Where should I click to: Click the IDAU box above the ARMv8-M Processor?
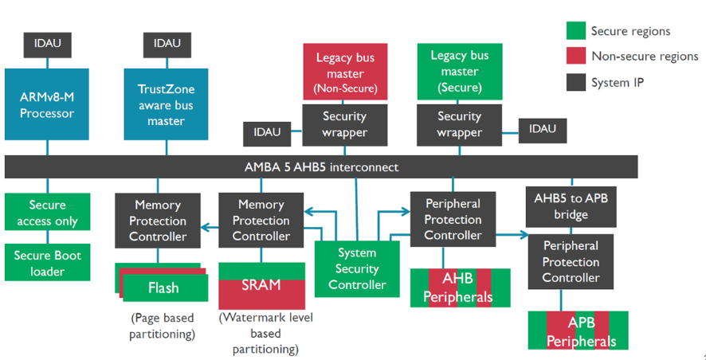[47, 45]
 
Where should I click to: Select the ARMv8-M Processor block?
[47, 104]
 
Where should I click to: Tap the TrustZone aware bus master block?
[167, 104]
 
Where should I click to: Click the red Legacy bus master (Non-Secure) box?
[345, 72]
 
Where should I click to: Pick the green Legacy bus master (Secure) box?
[459, 72]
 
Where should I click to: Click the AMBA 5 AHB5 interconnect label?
[321, 167]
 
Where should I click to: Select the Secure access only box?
[47, 212]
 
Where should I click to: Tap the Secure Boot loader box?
[47, 263]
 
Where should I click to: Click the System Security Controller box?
[357, 269]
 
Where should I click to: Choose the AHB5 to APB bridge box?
[571, 205]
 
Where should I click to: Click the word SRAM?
[261, 285]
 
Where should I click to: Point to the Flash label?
[163, 288]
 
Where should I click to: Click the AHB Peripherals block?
[460, 288]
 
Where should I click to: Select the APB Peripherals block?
[579, 331]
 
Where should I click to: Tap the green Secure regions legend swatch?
[576, 30]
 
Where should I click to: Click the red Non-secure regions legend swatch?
[576, 57]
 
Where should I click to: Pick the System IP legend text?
[618, 83]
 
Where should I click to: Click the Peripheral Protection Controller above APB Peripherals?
[571, 262]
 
